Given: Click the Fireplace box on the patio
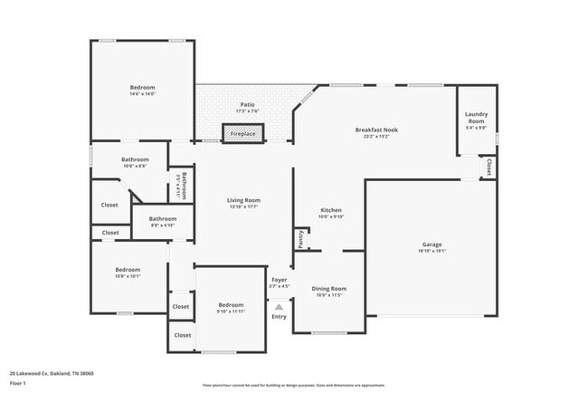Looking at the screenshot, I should pyautogui.click(x=242, y=133).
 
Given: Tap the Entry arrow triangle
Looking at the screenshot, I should pyautogui.click(x=279, y=308).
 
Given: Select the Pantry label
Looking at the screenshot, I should pyautogui.click(x=299, y=239).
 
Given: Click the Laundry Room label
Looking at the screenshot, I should pyautogui.click(x=476, y=117).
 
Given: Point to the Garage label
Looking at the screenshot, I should pyautogui.click(x=432, y=244).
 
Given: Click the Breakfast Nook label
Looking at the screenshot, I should pyautogui.click(x=375, y=129).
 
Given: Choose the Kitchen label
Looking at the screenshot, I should pyautogui.click(x=331, y=210).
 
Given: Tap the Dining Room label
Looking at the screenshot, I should pyautogui.click(x=331, y=289).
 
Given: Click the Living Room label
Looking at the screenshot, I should pyautogui.click(x=243, y=200).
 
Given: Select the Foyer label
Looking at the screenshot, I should pyautogui.click(x=279, y=280).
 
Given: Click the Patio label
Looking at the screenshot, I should pyautogui.click(x=247, y=104).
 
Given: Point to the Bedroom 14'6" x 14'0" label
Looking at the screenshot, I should pyautogui.click(x=143, y=87).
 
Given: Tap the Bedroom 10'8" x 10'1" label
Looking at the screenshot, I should pyautogui.click(x=128, y=269).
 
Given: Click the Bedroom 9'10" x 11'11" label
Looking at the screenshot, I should pyautogui.click(x=231, y=305).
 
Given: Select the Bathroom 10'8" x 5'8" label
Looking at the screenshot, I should pyautogui.click(x=135, y=160).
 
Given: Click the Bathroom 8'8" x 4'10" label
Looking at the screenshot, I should pyautogui.click(x=163, y=218).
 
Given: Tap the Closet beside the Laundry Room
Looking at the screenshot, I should pyautogui.click(x=488, y=166).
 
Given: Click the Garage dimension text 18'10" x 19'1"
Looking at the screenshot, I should pyautogui.click(x=432, y=251).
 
